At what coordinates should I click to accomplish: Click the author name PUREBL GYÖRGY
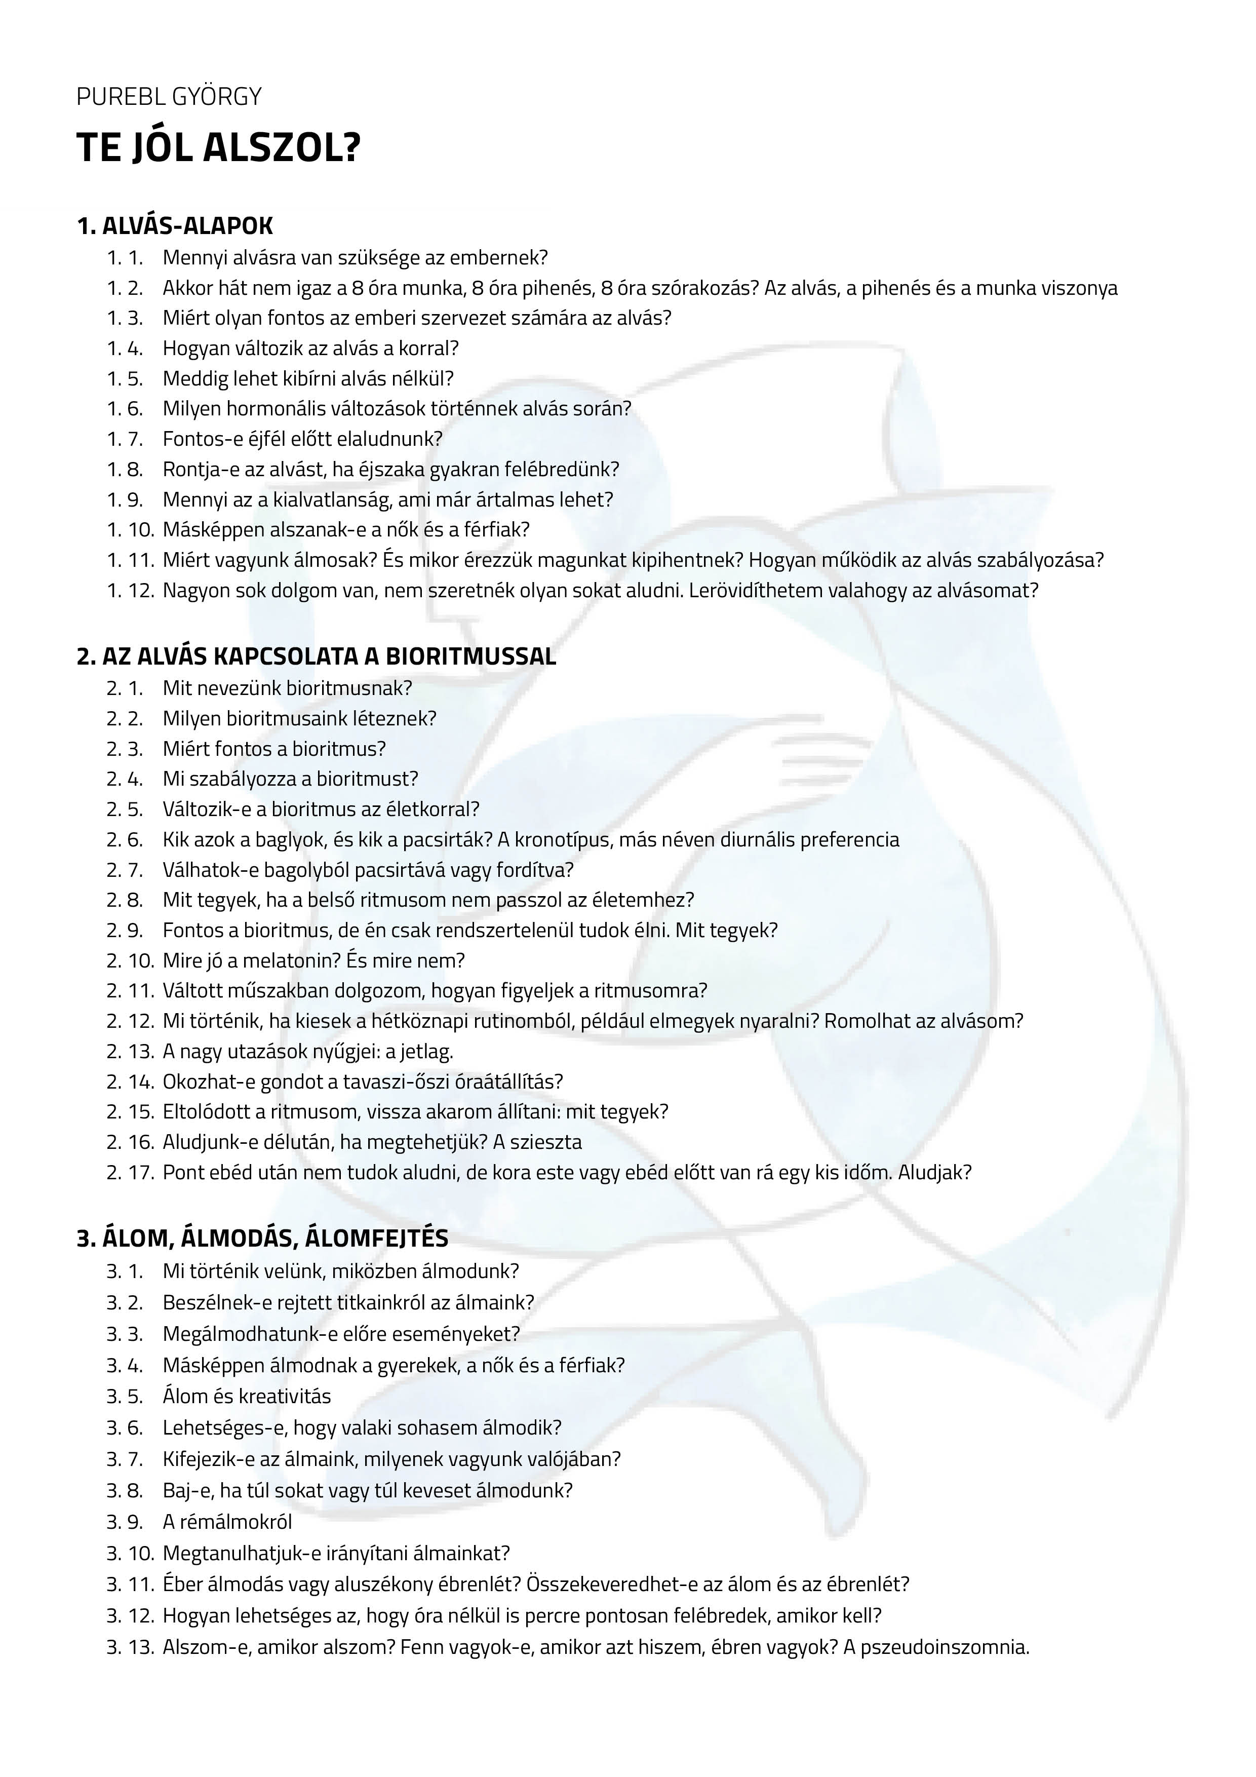tap(169, 97)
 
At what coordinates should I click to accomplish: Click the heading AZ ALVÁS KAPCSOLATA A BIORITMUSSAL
tap(328, 656)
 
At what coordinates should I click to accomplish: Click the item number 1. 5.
tap(125, 378)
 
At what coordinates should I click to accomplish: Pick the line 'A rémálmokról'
tap(227, 1522)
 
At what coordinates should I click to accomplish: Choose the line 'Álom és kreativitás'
tap(246, 1396)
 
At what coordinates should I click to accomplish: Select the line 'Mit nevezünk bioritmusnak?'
tap(287, 687)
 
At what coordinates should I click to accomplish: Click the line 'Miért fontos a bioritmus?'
tap(274, 748)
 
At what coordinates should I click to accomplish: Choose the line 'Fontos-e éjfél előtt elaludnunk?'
tap(302, 439)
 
